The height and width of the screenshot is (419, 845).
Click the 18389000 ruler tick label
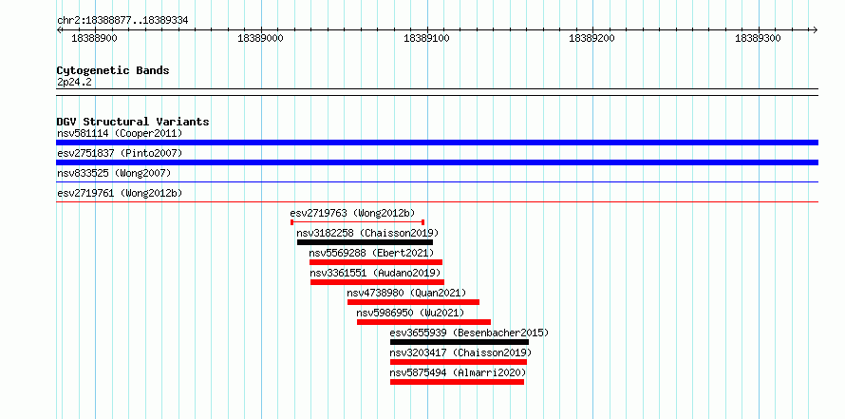(260, 39)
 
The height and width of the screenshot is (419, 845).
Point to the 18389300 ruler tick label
(758, 39)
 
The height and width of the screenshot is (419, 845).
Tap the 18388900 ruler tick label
(94, 39)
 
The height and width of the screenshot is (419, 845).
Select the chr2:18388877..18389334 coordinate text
(122, 21)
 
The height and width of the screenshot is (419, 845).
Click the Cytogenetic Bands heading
(113, 70)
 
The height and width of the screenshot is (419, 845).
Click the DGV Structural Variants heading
(133, 122)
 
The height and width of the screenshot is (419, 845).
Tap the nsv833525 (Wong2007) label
(114, 173)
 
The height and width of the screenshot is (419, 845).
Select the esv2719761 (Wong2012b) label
(118, 193)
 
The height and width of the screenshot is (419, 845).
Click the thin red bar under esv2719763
(358, 222)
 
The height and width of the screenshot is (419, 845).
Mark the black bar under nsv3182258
(365, 242)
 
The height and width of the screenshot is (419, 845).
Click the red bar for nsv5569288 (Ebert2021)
(376, 262)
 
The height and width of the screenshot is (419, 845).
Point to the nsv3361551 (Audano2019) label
(376, 273)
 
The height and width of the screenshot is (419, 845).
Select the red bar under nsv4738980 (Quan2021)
(413, 302)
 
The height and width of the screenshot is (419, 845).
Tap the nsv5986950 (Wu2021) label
(411, 313)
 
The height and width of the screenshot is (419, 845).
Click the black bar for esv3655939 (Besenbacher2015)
(460, 342)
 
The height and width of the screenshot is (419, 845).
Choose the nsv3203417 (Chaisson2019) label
(460, 352)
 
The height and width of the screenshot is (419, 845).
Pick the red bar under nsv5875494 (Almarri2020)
(457, 382)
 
